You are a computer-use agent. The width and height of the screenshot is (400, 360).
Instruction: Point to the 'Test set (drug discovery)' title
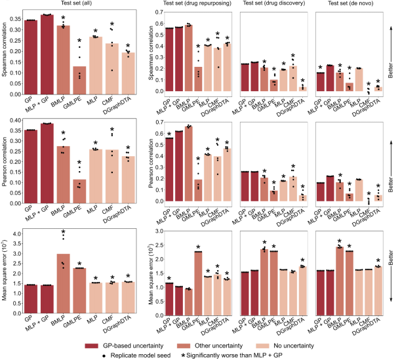click(271, 5)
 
